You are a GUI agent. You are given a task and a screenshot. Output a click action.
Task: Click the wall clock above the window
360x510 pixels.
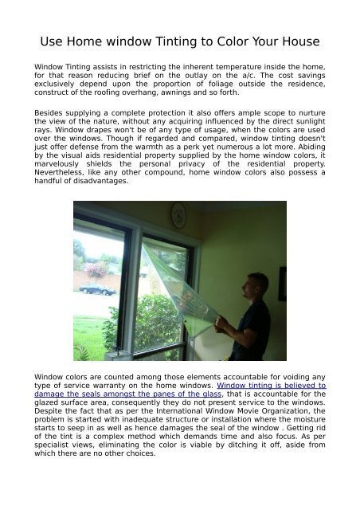click(x=178, y=213)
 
